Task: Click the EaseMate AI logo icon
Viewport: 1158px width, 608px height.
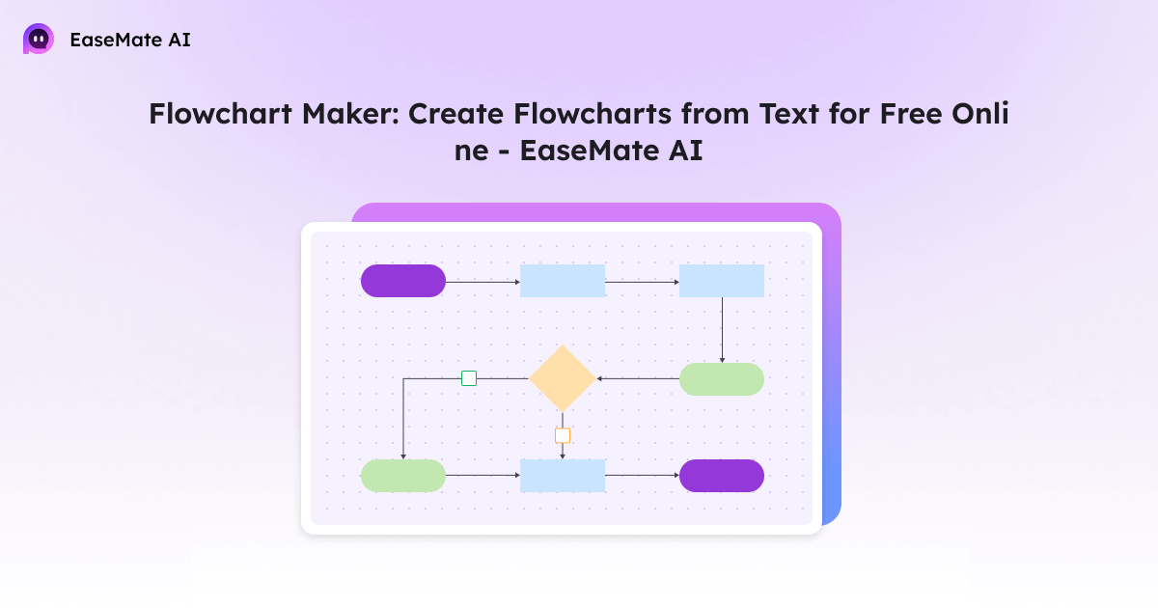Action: (39, 40)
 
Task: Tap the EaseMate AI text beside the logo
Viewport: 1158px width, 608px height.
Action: (130, 40)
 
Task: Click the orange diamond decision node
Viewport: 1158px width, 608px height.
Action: (563, 378)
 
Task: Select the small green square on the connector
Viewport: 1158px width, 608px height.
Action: (469, 378)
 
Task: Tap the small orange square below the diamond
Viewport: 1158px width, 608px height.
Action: (563, 435)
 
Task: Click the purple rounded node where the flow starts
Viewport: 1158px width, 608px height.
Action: (403, 281)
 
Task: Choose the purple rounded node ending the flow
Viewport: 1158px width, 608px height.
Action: (722, 476)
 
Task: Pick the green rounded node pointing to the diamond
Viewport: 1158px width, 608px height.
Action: (722, 379)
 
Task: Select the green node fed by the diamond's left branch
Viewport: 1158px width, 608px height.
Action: (403, 476)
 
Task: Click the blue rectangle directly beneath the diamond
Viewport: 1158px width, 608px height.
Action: (563, 476)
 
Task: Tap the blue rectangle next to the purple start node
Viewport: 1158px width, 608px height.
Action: (563, 281)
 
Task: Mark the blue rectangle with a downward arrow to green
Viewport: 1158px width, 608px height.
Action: (722, 281)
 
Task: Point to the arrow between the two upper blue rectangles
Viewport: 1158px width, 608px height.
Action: (642, 282)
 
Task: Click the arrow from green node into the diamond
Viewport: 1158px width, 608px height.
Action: (638, 379)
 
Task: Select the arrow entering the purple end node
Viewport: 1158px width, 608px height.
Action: (642, 476)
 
